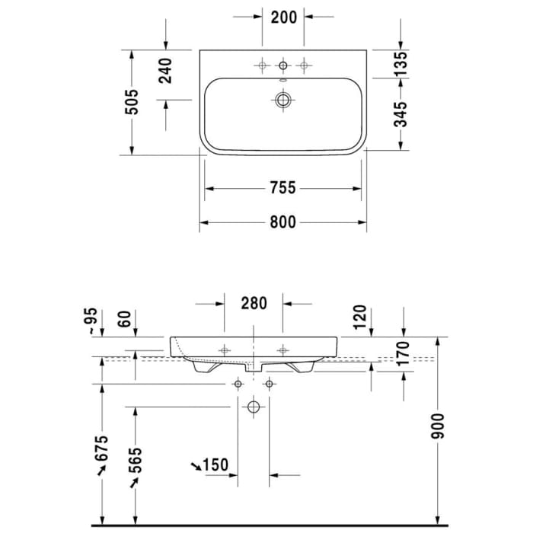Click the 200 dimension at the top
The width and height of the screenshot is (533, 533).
point(283,16)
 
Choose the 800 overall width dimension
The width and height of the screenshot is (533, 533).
point(282,222)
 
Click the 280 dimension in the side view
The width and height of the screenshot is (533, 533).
point(254,303)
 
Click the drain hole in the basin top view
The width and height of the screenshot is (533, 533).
point(284,99)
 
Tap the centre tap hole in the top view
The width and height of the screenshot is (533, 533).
point(283,65)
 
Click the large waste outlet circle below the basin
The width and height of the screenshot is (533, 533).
point(254,407)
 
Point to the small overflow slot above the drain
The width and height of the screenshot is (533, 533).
point(283,81)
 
